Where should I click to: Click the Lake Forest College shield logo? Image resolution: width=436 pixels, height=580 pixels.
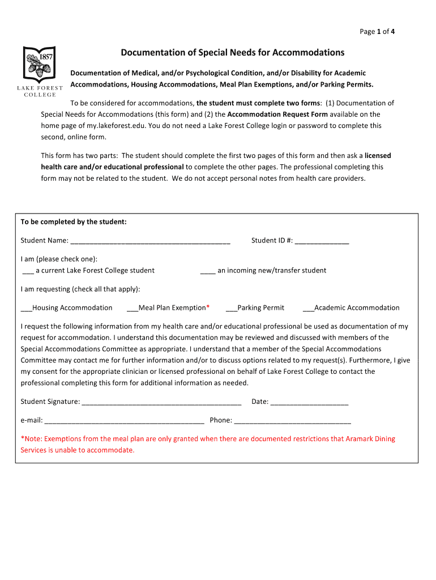click(39, 64)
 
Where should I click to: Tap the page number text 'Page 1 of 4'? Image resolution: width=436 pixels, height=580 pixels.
click(377, 32)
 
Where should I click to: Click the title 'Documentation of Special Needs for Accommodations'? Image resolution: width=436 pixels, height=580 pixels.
click(232, 53)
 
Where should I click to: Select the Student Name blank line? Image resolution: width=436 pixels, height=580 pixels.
click(150, 241)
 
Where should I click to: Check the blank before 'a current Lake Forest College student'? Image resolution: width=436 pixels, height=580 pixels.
click(28, 271)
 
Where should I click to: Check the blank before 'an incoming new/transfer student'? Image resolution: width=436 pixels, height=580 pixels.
click(208, 271)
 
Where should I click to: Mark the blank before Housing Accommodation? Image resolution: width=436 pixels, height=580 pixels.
click(27, 309)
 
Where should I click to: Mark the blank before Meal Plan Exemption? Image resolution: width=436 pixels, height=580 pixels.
click(132, 309)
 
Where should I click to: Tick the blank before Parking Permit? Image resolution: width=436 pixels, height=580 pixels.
click(231, 309)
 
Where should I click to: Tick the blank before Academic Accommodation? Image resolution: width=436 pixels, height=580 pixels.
click(308, 309)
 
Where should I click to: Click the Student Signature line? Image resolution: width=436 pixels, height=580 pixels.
click(161, 402)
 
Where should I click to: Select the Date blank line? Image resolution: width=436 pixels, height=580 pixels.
click(309, 402)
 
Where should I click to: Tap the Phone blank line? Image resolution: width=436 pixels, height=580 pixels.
click(292, 421)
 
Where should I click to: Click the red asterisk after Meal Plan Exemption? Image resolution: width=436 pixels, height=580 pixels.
click(208, 307)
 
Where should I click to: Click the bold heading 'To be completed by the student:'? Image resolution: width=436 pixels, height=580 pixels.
click(74, 222)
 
